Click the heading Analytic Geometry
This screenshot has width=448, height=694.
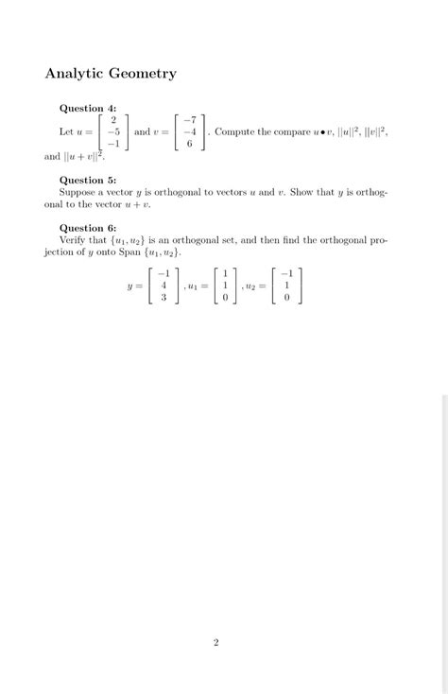111,73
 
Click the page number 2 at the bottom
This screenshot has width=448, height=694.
215,643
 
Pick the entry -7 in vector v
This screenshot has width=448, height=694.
189,120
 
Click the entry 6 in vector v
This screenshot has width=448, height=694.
190,144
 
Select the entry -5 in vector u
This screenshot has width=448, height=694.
112,131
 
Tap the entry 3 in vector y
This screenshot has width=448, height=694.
164,297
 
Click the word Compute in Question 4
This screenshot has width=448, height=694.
234,132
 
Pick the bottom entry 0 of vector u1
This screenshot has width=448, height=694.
225,297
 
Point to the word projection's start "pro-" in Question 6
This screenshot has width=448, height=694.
375,240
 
